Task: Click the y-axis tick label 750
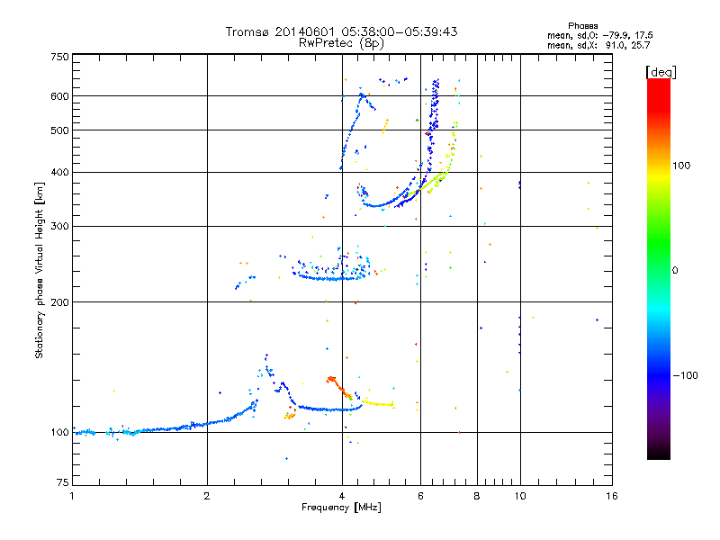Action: click(60, 57)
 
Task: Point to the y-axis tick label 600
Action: click(60, 95)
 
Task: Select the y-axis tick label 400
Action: click(60, 172)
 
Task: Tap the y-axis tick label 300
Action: click(60, 226)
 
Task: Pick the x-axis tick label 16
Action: click(612, 496)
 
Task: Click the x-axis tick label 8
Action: click(477, 496)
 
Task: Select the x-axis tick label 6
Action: click(421, 496)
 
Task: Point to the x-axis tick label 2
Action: click(207, 496)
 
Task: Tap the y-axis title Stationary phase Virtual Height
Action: click(40, 271)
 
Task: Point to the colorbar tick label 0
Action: click(675, 270)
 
